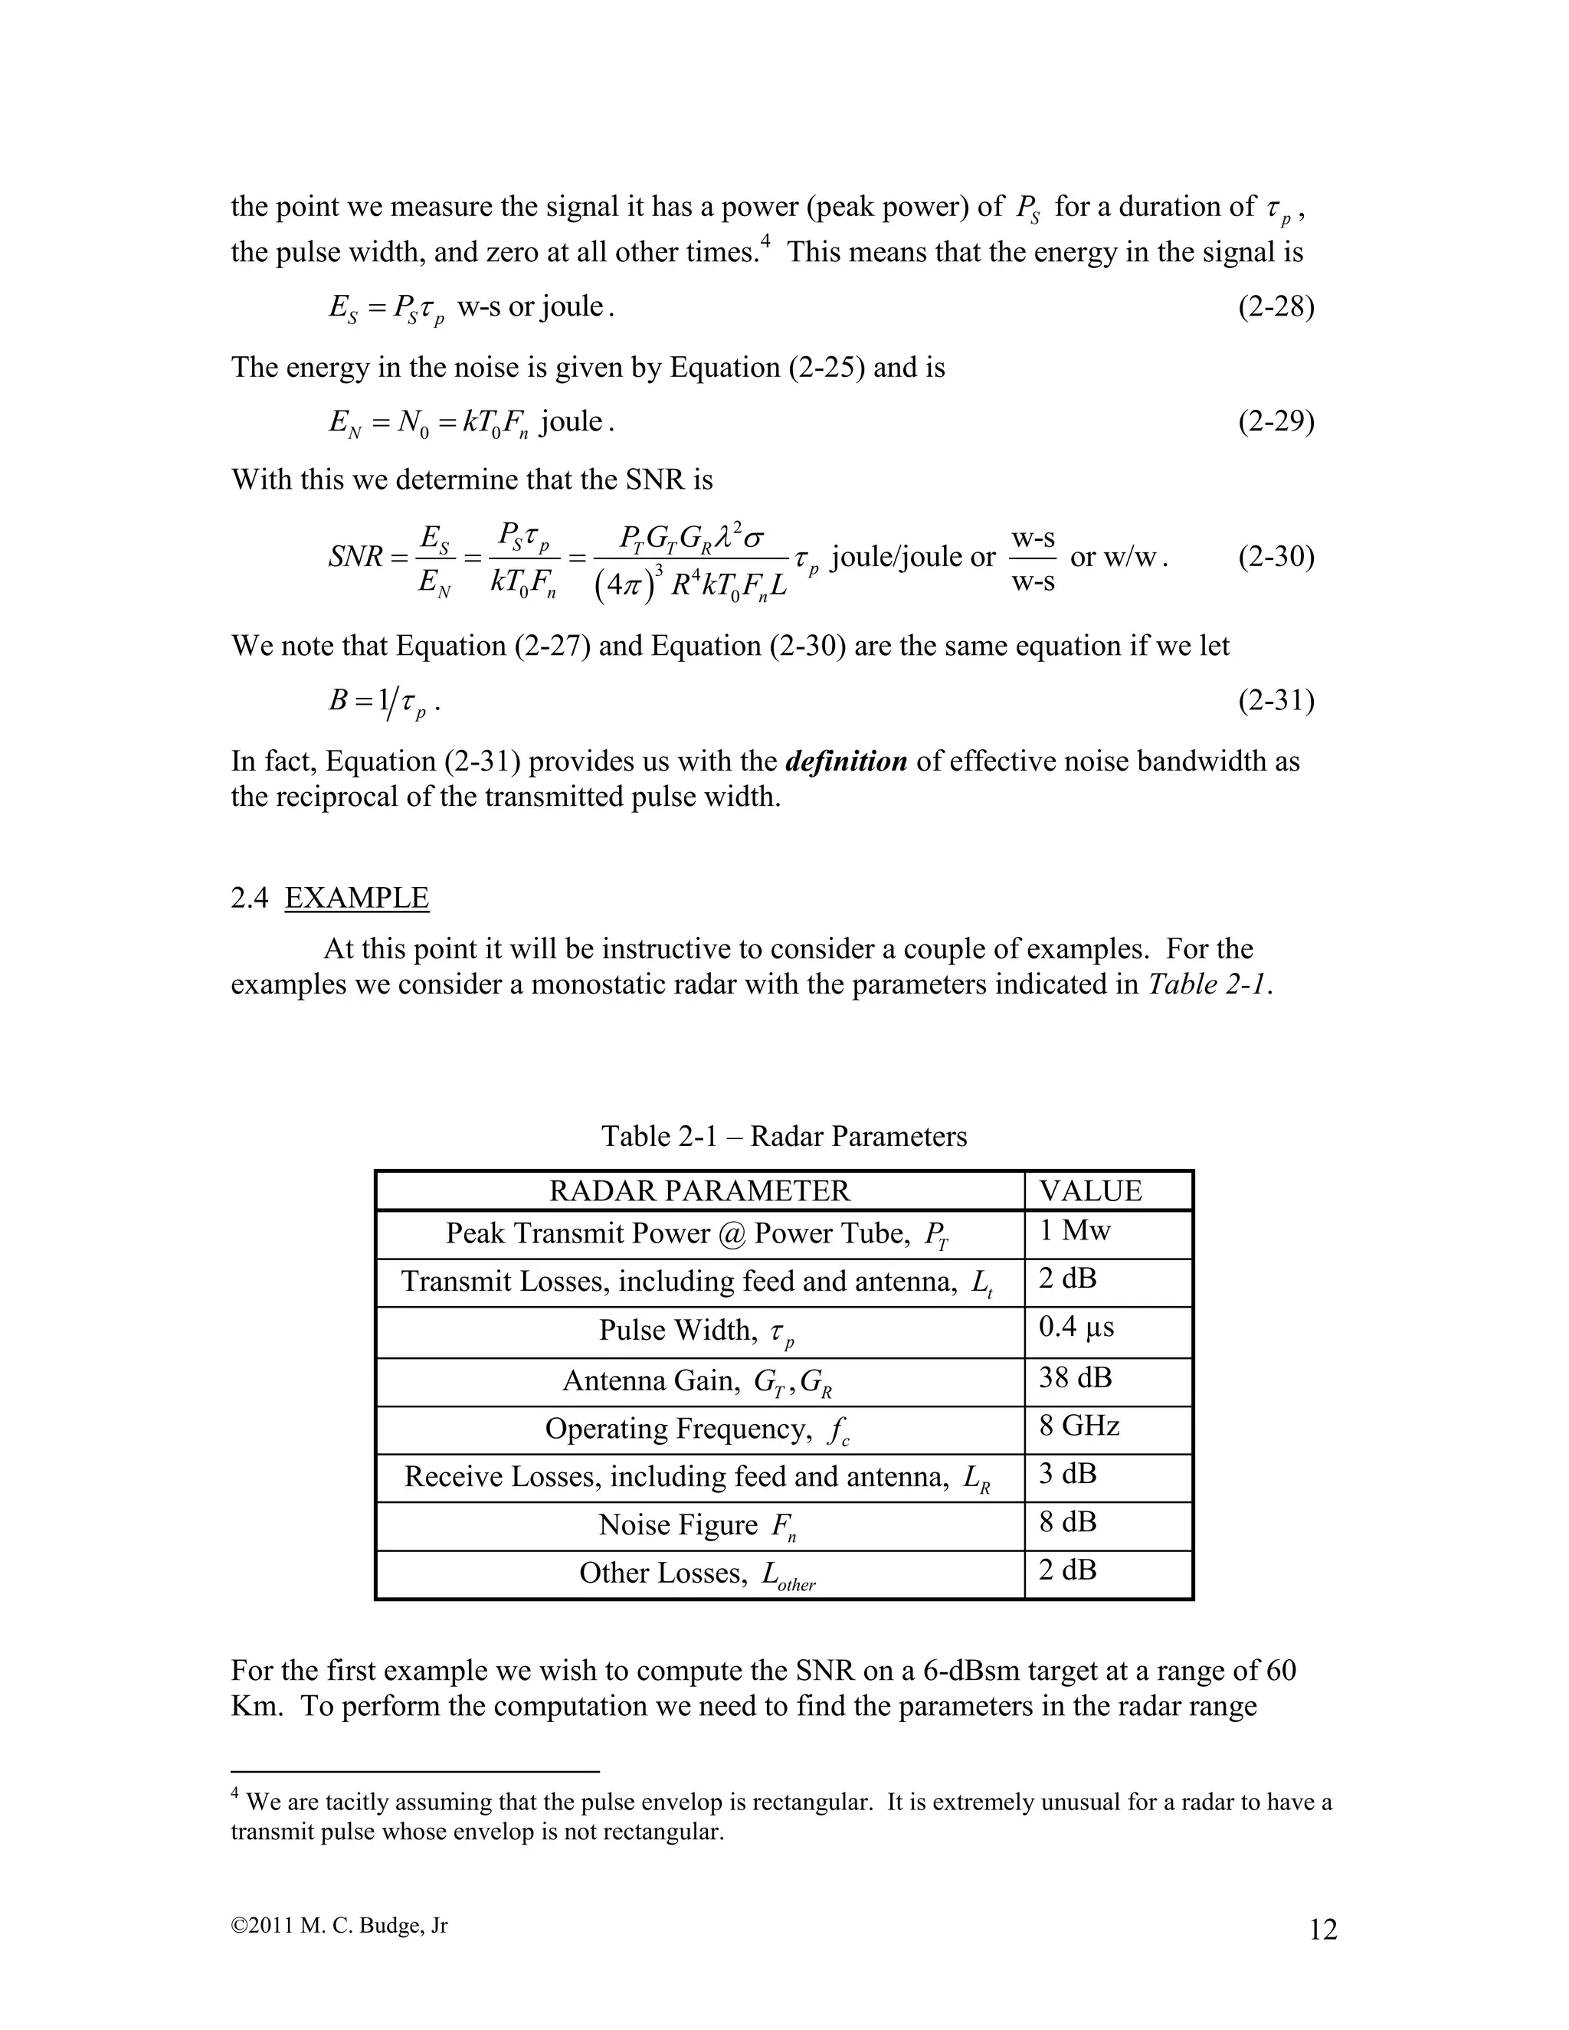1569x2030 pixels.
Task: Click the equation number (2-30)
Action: [1276, 558]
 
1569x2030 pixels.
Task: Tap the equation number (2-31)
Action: [1276, 700]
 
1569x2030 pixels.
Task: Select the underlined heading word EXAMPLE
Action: [357, 898]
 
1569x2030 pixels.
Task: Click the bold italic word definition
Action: [846, 761]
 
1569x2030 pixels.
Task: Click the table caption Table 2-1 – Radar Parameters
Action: [784, 1136]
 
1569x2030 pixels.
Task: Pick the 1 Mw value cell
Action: [1075, 1232]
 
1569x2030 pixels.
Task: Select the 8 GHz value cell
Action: [1079, 1426]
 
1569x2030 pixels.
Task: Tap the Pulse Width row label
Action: [697, 1332]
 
